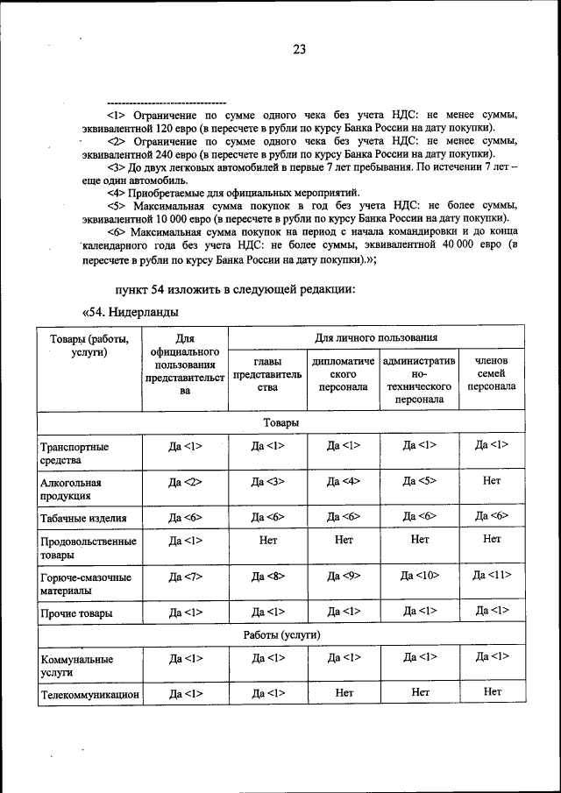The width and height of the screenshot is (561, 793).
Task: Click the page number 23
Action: coord(298,50)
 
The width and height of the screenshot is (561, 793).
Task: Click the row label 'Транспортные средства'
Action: coord(75,453)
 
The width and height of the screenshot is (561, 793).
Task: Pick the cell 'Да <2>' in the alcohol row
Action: coord(185,482)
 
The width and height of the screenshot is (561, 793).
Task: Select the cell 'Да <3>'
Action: coord(267,482)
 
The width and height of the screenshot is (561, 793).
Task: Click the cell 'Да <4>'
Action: coord(344,482)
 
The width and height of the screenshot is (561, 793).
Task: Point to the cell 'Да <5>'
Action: coord(420,482)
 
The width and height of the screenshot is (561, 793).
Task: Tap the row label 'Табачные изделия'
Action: coord(83,517)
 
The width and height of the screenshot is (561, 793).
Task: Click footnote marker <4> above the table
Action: coord(114,192)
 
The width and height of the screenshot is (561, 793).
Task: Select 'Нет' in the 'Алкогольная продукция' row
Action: coord(491,481)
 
